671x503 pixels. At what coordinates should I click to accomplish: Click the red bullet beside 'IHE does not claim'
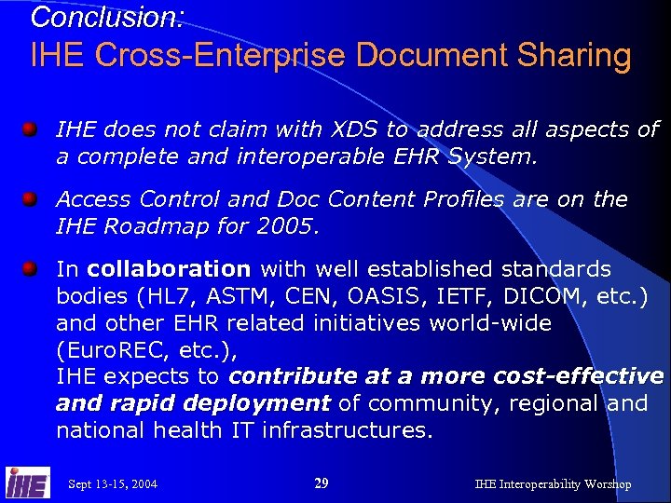pos(31,128)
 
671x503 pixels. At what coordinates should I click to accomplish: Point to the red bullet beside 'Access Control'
pos(31,197)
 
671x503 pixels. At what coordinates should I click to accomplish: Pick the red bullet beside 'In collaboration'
pos(31,268)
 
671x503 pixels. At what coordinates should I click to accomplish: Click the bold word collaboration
pos(169,269)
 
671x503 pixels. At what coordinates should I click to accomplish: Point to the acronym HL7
pos(169,297)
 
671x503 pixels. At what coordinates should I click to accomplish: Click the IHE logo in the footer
pos(27,483)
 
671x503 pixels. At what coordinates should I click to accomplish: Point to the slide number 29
pos(321,483)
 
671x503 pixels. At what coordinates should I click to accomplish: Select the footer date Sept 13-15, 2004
pos(113,484)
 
